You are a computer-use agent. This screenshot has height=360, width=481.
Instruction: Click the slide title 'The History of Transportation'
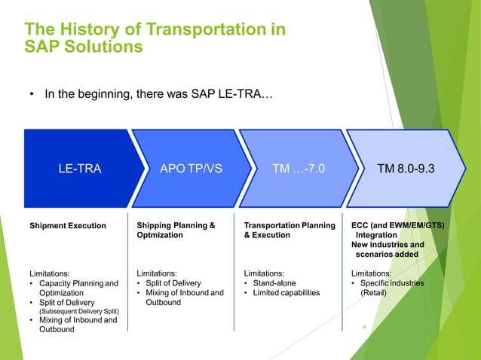coord(155,29)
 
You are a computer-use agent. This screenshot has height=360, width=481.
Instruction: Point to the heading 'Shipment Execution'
coord(67,224)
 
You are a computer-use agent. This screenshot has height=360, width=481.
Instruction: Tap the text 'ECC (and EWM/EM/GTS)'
coord(398,224)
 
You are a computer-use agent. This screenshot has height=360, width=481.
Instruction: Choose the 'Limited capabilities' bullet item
coord(281,293)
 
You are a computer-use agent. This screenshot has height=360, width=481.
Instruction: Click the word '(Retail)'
coord(374,293)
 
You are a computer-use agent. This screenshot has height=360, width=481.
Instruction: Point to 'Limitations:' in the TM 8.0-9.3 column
coord(372,273)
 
